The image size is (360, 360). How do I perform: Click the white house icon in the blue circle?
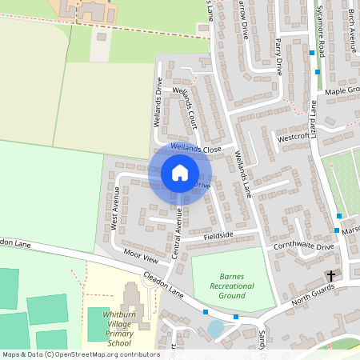(x=180, y=173)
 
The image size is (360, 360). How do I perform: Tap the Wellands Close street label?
(x=195, y=149)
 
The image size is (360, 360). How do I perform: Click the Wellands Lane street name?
(x=242, y=176)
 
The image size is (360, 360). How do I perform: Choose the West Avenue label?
(x=115, y=209)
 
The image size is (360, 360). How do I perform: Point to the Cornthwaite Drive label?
(x=302, y=246)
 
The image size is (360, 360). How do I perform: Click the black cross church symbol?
(x=330, y=276)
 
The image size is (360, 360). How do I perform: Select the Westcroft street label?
(x=293, y=137)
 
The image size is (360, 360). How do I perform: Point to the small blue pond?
(x=215, y=329)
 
